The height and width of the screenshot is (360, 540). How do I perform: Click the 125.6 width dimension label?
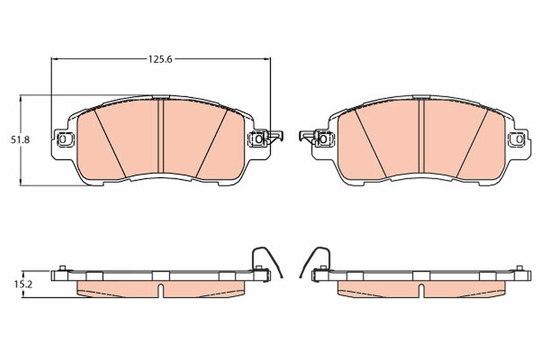pos(160,59)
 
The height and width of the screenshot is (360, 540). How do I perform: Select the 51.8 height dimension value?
pos(20,140)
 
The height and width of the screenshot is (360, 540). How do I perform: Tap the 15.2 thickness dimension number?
pos(23,284)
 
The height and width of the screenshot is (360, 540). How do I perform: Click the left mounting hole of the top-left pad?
pos(63,139)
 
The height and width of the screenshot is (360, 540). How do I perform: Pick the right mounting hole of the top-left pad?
pos(259,139)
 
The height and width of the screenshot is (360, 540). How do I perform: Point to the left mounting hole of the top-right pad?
pos(323,139)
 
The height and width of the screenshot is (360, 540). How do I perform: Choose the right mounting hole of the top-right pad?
pos(519,139)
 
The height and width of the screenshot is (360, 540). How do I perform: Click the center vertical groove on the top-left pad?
pos(161,136)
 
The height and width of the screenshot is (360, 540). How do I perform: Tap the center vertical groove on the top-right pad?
pos(421,136)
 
